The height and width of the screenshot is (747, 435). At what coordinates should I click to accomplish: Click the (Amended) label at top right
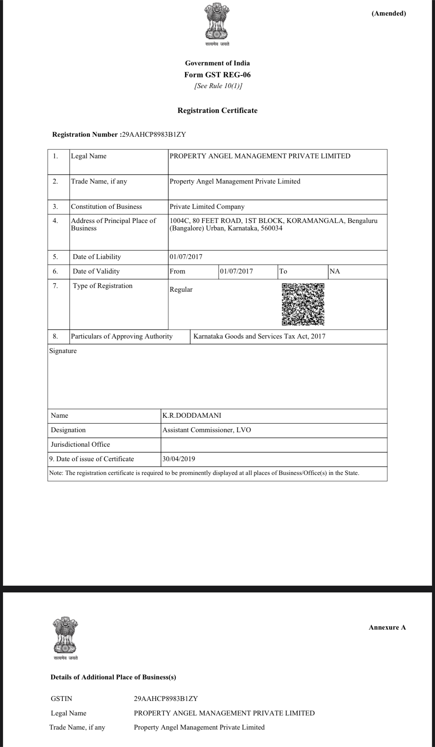tap(389, 14)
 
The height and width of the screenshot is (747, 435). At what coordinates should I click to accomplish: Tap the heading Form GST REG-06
tap(217, 75)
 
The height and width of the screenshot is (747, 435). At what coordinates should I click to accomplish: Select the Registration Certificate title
tap(217, 110)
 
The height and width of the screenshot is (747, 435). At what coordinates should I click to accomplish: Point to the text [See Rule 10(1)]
tap(217, 86)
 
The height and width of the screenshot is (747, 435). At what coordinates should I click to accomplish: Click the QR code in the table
tap(303, 304)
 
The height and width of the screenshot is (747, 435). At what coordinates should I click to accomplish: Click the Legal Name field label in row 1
tap(88, 156)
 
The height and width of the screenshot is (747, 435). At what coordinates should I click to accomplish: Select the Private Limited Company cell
tap(207, 207)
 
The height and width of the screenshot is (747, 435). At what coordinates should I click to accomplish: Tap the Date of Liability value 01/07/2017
tap(186, 257)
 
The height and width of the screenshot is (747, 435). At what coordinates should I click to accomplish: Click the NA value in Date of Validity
tap(335, 271)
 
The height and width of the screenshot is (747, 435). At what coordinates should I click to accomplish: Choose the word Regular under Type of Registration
tap(181, 290)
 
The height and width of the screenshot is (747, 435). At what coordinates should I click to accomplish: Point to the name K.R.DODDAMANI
tap(192, 415)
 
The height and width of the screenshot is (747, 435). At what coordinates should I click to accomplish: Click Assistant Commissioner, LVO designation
tap(207, 430)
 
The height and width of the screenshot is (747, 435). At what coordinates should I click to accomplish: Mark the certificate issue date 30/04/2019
tap(179, 459)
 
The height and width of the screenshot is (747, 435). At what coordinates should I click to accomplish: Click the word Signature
tap(63, 351)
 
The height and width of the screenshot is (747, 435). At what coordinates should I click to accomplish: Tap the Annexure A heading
tap(387, 627)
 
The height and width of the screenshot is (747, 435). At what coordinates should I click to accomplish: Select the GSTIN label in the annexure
tap(61, 699)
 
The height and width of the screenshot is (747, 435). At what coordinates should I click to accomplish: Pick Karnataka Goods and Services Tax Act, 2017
tap(260, 336)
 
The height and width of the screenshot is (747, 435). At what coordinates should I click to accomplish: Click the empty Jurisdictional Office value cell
tap(274, 444)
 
